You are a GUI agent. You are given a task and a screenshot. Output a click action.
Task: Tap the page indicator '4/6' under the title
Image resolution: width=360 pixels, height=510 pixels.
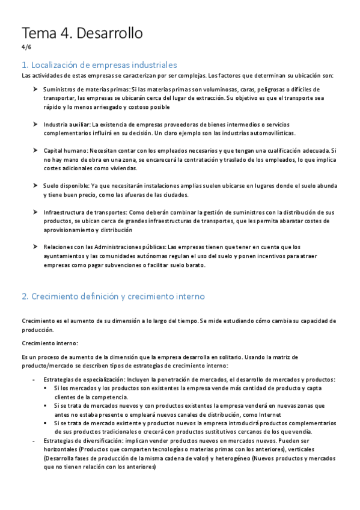(26, 48)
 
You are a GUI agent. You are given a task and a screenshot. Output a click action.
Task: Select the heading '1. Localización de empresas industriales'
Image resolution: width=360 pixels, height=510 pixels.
(99, 64)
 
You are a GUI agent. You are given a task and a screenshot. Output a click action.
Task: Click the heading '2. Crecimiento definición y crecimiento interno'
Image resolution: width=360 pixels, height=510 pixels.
(113, 296)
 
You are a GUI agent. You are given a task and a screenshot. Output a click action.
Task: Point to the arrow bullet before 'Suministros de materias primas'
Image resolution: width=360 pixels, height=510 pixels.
(35, 89)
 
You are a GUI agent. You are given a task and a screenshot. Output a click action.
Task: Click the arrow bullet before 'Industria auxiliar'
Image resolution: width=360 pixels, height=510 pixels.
(35, 123)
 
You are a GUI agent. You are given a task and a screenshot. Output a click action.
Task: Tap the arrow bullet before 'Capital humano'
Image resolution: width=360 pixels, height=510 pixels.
(35, 150)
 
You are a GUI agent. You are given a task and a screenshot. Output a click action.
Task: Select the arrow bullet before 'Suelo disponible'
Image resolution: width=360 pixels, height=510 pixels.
(35, 185)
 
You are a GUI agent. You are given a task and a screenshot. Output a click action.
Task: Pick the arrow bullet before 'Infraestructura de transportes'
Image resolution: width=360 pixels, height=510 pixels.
(35, 212)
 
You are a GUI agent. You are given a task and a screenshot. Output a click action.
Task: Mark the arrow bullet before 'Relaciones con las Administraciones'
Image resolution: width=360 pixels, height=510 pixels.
(35, 247)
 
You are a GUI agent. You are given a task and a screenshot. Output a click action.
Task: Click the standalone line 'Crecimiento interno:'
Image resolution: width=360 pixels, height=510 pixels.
(50, 343)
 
